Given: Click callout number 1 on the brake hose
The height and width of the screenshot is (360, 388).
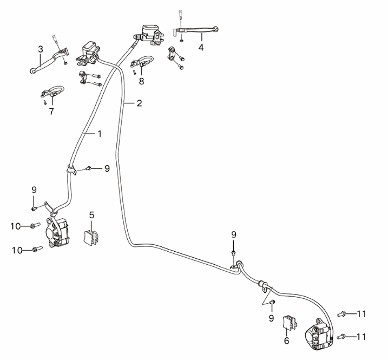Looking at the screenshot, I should pos(100,134).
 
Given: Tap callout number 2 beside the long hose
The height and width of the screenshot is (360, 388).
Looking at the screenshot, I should pos(139,103).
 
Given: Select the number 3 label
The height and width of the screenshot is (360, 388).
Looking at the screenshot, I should pos(41,50).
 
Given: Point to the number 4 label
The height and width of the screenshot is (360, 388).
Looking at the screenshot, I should pos(201,48).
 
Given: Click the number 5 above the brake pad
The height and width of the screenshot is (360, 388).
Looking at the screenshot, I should pos(91,215).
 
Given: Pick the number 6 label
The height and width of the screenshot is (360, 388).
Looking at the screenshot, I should pos(286,341).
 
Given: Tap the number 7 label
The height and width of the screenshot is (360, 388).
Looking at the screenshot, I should pos(51,112).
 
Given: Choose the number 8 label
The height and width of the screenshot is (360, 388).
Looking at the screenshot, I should pos(141,81).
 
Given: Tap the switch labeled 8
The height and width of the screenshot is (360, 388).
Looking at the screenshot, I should pos(143,63).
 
